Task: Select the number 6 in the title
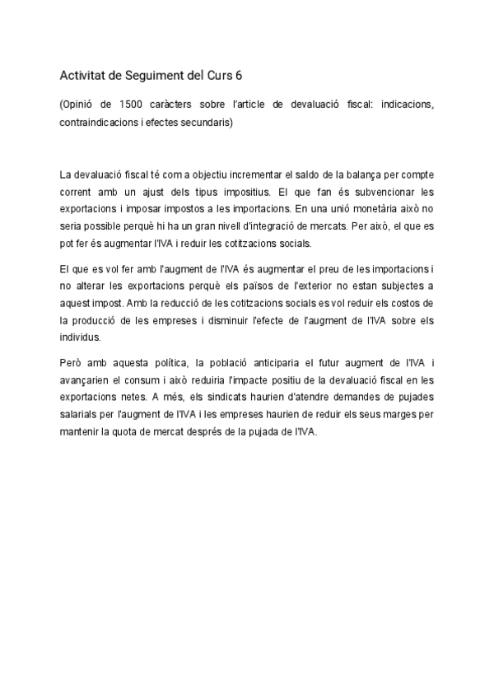pyautogui.click(x=239, y=76)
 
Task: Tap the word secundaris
pyautogui.click(x=206, y=123)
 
